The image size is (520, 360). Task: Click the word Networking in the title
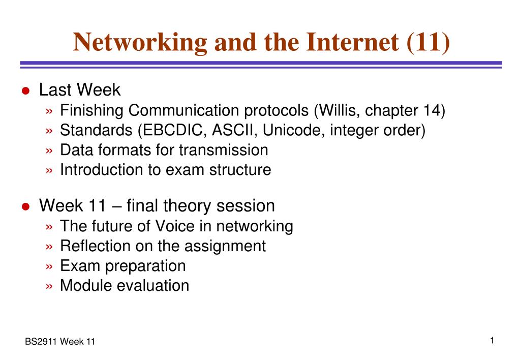140,43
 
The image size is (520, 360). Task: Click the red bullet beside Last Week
25,91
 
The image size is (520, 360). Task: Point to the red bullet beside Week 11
25,207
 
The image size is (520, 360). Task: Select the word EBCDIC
172,130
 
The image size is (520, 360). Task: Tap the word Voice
175,226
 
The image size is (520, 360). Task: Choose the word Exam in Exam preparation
80,266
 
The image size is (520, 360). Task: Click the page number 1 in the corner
493,341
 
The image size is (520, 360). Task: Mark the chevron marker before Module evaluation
49,286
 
